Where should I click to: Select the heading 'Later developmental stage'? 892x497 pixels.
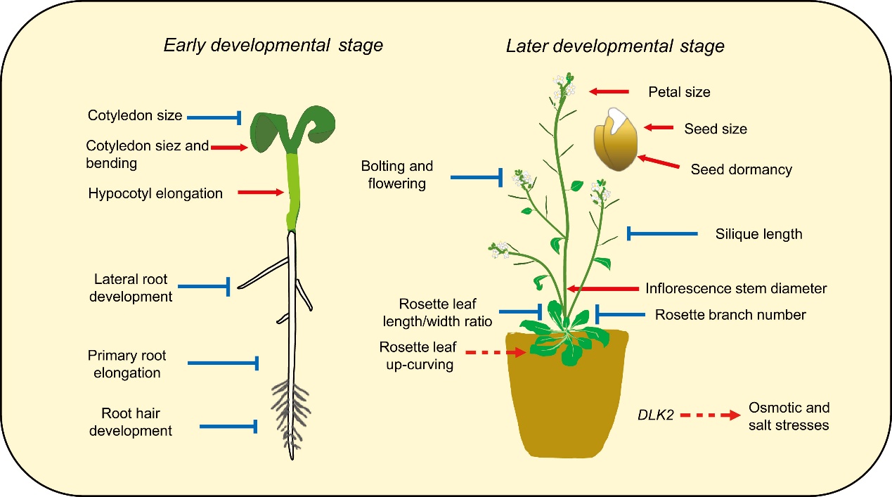(x=614, y=47)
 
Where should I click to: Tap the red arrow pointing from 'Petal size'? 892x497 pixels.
(x=609, y=91)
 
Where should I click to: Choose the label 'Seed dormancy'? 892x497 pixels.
(x=741, y=169)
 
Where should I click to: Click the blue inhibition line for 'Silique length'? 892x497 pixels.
(x=661, y=233)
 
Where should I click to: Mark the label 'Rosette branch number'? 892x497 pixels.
(x=730, y=315)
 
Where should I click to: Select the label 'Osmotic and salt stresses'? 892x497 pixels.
(x=789, y=416)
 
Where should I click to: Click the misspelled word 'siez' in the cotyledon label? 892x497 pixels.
(x=167, y=146)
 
